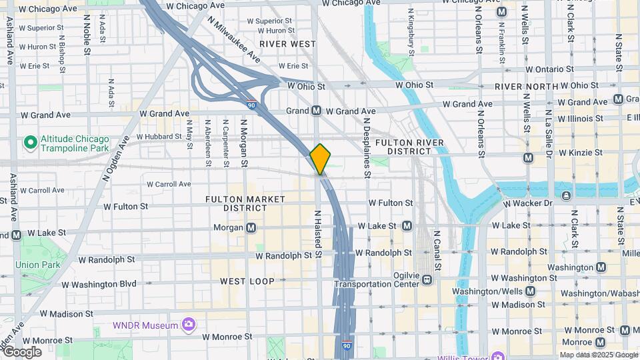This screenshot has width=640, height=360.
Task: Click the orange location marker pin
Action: (x=321, y=159)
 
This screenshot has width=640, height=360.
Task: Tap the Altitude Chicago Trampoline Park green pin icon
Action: (x=29, y=142)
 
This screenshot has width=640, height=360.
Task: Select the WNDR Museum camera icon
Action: (x=189, y=325)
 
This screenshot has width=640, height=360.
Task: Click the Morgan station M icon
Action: (x=251, y=228)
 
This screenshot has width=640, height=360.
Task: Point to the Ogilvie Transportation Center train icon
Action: (x=426, y=280)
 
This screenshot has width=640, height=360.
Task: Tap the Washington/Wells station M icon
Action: (x=530, y=291)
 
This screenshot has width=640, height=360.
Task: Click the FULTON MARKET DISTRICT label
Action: (x=245, y=203)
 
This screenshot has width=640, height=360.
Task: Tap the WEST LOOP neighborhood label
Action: (x=247, y=281)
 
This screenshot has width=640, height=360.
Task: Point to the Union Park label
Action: (x=38, y=265)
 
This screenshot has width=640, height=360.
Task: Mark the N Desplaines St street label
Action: (x=367, y=149)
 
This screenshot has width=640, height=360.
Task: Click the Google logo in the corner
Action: (x=23, y=351)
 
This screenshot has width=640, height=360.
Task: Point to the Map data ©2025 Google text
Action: (x=598, y=355)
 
